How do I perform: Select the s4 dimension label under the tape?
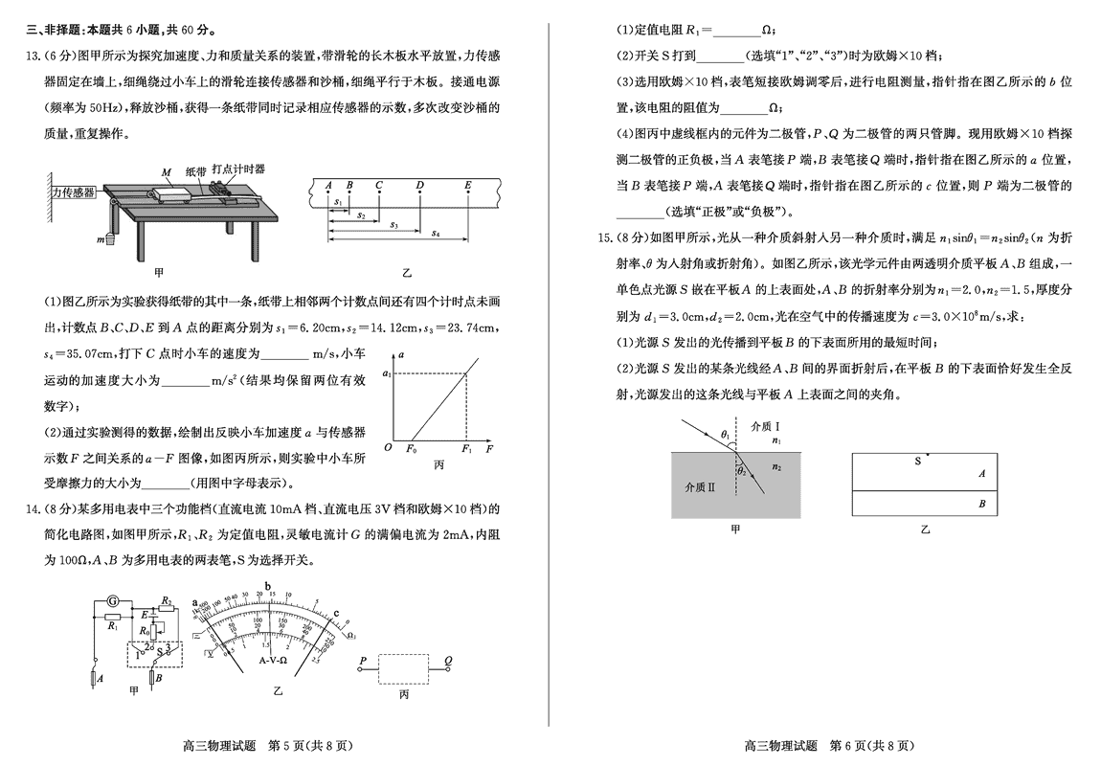click(x=435, y=233)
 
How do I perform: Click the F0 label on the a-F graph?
click(x=413, y=447)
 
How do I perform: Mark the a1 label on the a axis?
click(x=387, y=372)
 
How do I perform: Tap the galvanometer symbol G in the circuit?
click(x=112, y=600)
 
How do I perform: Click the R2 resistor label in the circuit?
click(x=166, y=600)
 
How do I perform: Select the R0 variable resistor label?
click(x=145, y=631)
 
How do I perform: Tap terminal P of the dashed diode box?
click(x=363, y=661)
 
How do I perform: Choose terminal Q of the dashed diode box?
click(x=448, y=661)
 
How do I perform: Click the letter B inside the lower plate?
click(x=981, y=504)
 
